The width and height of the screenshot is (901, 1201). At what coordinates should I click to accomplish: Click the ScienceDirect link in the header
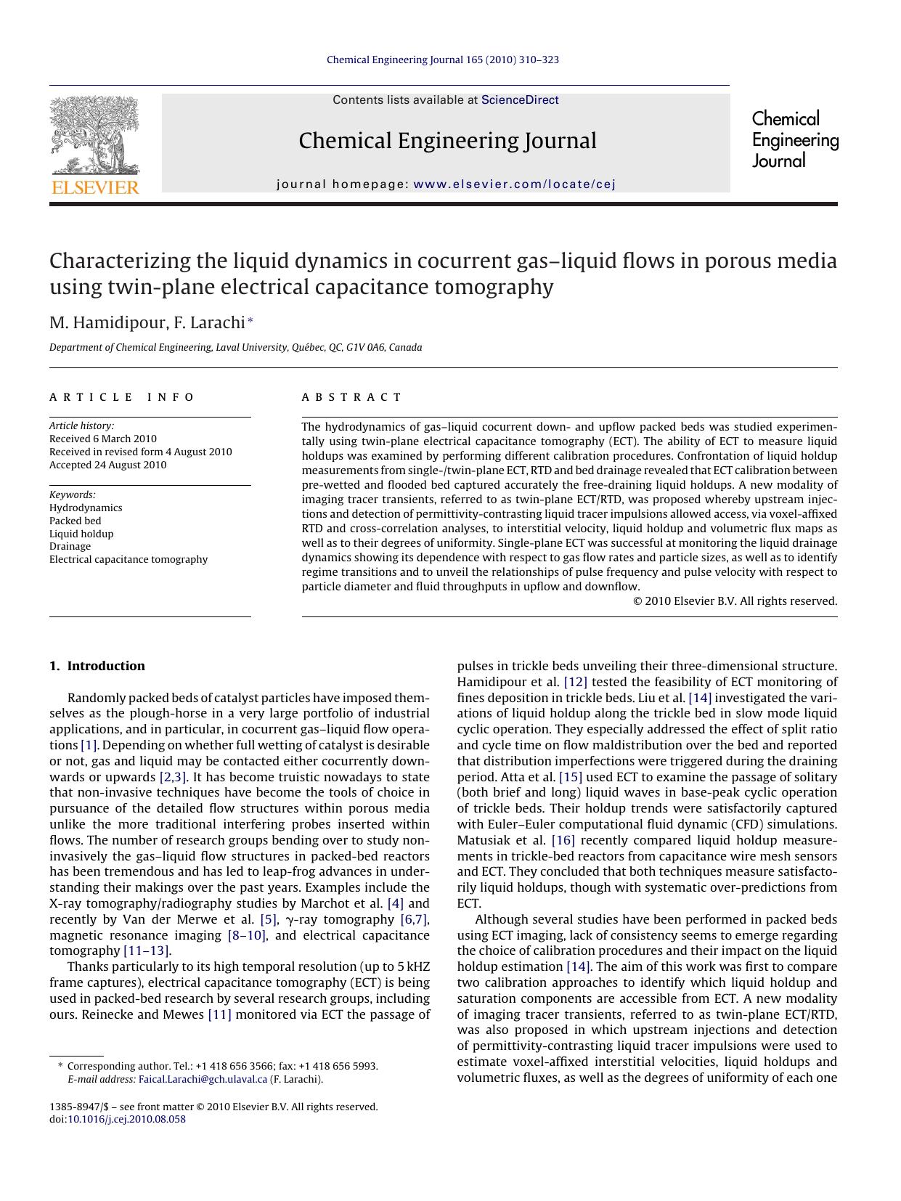point(520,100)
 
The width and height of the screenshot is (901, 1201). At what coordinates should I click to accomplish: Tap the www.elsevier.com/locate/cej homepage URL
point(514,184)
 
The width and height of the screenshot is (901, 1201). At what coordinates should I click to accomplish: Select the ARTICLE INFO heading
point(122,397)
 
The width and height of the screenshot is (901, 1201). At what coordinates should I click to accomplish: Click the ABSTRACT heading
point(351,397)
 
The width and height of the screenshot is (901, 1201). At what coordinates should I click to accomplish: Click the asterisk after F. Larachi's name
point(250,320)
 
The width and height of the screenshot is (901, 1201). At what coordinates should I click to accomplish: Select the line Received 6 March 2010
point(103,439)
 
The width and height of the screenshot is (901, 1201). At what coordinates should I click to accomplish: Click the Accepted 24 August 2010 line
point(107,465)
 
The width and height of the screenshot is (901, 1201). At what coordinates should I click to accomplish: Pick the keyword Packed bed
point(76,521)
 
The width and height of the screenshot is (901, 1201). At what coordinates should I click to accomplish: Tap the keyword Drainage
point(70,546)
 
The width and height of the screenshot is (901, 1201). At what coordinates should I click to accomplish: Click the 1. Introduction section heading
point(97,666)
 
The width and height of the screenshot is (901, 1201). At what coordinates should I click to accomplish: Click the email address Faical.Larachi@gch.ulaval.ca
point(203,1079)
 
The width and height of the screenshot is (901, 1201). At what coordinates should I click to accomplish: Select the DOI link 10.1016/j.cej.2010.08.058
point(126,1119)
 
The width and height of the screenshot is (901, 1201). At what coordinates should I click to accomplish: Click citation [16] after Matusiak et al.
point(563,840)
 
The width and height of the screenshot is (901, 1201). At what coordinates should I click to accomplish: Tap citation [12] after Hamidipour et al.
point(575,682)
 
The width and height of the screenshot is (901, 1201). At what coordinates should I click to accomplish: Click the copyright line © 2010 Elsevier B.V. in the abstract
point(735,601)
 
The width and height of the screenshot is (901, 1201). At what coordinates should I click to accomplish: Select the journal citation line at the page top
point(443,60)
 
